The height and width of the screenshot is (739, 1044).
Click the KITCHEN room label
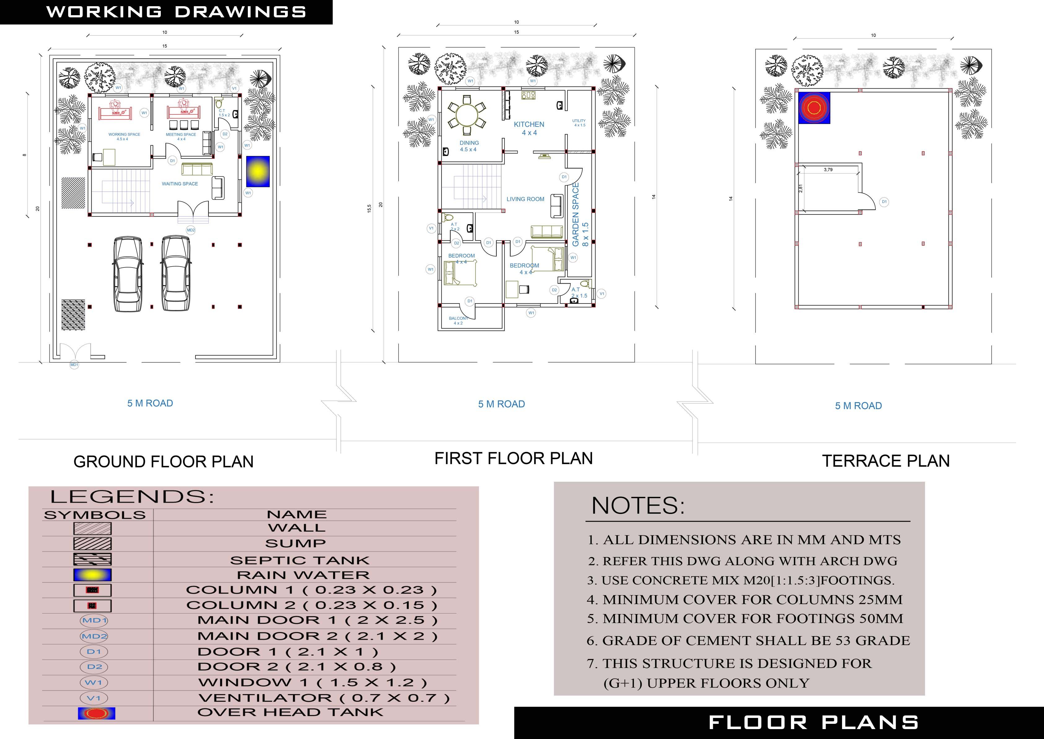pos(529,125)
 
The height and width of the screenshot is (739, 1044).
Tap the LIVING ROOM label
pos(525,199)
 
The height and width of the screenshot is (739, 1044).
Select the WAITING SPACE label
pos(180,184)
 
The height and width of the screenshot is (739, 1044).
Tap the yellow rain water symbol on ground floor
pos(258,171)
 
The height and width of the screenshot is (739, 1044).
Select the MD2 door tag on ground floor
pos(191,230)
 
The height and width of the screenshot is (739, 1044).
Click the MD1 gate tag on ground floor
pos(74,365)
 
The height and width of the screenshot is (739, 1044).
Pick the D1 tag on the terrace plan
pos(884,201)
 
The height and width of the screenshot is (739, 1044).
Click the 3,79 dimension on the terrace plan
pos(828,170)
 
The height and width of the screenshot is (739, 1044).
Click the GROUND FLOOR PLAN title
pos(163,462)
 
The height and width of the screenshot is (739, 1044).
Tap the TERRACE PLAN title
pos(885,461)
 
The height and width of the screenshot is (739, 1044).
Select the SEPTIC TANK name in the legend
pos(300,560)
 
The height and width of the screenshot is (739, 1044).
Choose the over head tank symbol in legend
pos(96,713)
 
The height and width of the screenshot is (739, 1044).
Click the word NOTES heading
pos(638,506)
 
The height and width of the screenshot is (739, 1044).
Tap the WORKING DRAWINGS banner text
pos(176,12)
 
